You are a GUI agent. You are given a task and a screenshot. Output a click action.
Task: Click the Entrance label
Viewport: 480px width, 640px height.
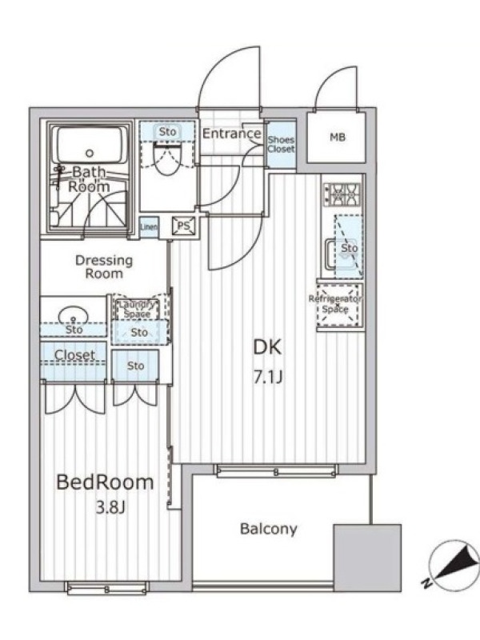pos(231,134)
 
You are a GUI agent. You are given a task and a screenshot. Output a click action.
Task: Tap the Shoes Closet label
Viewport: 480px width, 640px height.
pos(281,144)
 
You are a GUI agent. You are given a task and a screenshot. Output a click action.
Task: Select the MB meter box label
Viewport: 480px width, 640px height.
pos(338,137)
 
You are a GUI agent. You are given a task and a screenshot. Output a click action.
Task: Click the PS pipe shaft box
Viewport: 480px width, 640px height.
pos(184,226)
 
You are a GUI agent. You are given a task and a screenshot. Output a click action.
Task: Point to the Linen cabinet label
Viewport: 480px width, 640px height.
pos(149,226)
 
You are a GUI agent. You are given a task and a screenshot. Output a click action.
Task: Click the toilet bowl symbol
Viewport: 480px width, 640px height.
pos(167,161)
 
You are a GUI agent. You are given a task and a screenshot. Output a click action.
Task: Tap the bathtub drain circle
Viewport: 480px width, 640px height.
pos(90,154)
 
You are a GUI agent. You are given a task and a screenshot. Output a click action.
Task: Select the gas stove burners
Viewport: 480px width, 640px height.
pos(343,194)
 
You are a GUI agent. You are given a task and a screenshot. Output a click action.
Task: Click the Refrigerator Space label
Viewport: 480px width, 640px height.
pos(335,304)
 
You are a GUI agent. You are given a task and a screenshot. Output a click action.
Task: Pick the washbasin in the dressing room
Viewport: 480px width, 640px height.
pos(74,317)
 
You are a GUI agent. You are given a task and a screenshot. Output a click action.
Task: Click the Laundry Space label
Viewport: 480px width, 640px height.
pos(138,309)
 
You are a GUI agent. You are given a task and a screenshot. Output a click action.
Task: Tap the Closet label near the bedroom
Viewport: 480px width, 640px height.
pos(74,355)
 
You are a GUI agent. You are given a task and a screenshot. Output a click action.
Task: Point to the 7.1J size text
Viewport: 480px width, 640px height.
pos(268,378)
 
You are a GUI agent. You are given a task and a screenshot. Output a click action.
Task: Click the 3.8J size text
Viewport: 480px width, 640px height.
pos(110,507)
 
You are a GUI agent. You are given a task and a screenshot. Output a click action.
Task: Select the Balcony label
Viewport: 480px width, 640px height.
pos(269,529)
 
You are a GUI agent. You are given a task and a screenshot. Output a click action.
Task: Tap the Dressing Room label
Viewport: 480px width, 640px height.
pos(104,267)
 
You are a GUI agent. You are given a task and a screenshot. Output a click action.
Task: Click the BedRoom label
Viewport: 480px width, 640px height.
pos(105,482)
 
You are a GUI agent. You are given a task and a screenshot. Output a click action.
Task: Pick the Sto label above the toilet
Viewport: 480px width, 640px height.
pos(167,131)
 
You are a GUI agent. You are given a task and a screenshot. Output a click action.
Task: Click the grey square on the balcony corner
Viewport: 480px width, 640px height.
pos(367,558)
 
